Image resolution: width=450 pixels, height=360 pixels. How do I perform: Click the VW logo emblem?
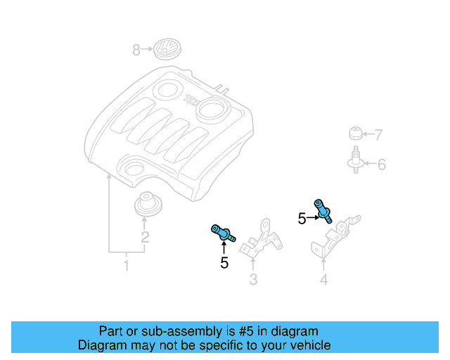(x=167, y=50)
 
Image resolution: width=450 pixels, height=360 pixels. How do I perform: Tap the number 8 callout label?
(x=136, y=50)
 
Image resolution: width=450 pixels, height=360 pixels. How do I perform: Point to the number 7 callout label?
(x=378, y=134)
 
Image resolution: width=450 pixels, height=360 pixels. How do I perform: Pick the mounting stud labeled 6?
(x=356, y=162)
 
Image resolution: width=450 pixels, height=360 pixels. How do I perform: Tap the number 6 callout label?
(x=381, y=165)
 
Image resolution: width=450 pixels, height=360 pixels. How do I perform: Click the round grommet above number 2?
(x=147, y=205)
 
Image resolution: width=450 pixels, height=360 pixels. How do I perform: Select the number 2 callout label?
(x=145, y=238)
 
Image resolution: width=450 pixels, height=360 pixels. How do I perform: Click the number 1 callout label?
(x=127, y=266)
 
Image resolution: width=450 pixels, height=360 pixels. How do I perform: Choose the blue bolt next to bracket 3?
(x=223, y=233)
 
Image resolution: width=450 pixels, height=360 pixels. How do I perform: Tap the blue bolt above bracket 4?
(x=324, y=210)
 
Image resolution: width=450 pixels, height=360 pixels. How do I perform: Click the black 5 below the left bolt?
(x=224, y=263)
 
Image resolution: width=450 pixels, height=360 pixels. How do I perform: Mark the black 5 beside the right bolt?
(x=302, y=219)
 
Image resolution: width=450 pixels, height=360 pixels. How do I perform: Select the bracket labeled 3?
(x=261, y=239)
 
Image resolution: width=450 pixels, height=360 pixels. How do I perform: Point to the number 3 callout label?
(x=253, y=280)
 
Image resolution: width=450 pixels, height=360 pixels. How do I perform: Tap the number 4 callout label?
(x=323, y=280)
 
